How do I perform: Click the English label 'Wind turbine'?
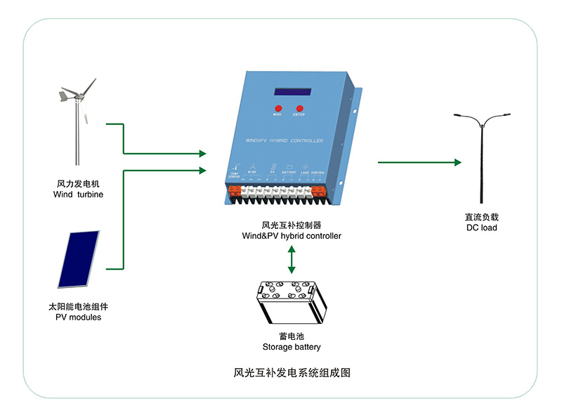(78, 194)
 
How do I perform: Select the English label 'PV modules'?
(78, 317)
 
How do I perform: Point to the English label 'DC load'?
(481, 228)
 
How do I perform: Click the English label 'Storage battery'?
(292, 347)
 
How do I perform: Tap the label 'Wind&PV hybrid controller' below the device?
(292, 236)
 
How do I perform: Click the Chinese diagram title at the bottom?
(291, 373)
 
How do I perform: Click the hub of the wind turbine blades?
(77, 95)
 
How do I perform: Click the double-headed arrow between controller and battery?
(292, 260)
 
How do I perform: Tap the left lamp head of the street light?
(457, 114)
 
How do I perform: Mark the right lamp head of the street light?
(505, 114)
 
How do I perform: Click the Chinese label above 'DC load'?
(481, 217)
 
